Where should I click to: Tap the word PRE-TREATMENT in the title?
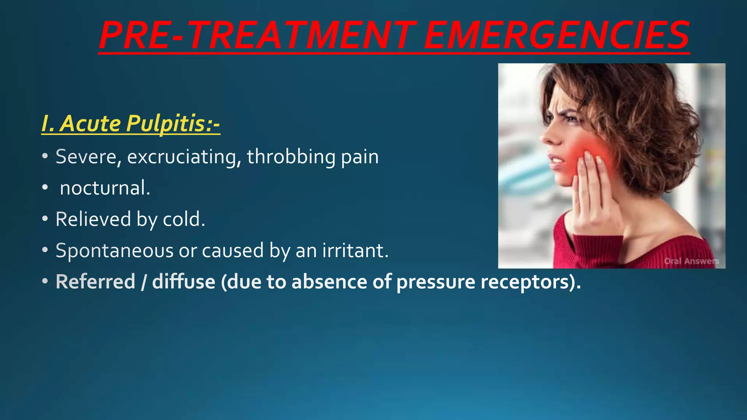pyautogui.click(x=257, y=35)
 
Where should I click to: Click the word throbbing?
pyautogui.click(x=291, y=157)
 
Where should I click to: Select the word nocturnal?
pyautogui.click(x=105, y=188)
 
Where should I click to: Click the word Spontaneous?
pyautogui.click(x=114, y=251)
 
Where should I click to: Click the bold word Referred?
pyautogui.click(x=95, y=282)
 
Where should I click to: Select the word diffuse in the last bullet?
pyautogui.click(x=183, y=282)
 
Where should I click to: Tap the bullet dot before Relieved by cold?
pyautogui.click(x=45, y=219)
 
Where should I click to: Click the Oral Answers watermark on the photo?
pyautogui.click(x=691, y=261)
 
